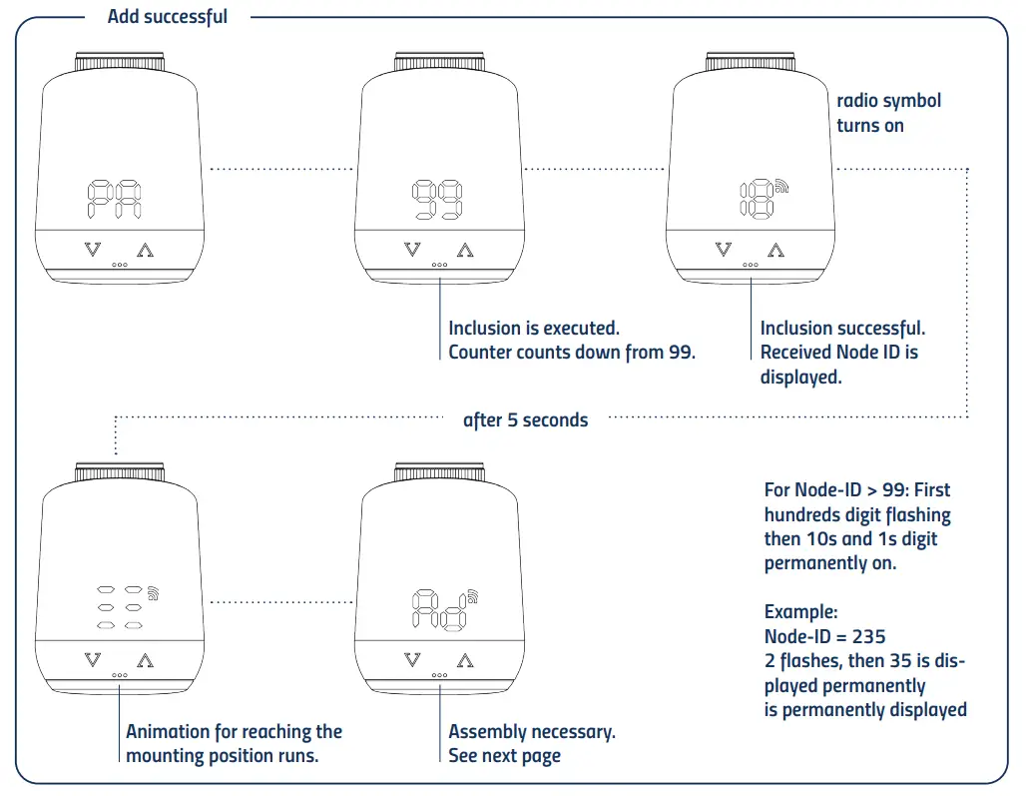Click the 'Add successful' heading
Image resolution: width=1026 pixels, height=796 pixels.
(x=167, y=17)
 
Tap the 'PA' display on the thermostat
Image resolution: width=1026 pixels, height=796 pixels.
(x=113, y=201)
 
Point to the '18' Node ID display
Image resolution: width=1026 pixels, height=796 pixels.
(x=757, y=201)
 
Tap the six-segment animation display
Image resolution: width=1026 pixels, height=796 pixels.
(x=119, y=607)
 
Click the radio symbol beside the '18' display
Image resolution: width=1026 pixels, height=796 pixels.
(x=780, y=186)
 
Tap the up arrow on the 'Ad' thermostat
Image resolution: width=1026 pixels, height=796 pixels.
(x=465, y=659)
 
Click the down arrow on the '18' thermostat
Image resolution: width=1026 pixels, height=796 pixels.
(x=722, y=250)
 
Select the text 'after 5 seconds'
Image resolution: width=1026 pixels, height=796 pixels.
(x=525, y=419)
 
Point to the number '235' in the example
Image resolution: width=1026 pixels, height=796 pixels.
(x=867, y=636)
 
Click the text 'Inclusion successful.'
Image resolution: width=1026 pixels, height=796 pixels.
(x=842, y=328)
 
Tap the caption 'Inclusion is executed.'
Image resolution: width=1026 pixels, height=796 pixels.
(x=533, y=328)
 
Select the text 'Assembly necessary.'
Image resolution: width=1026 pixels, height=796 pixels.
(x=532, y=731)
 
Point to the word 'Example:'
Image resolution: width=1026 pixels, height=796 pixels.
(x=800, y=611)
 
